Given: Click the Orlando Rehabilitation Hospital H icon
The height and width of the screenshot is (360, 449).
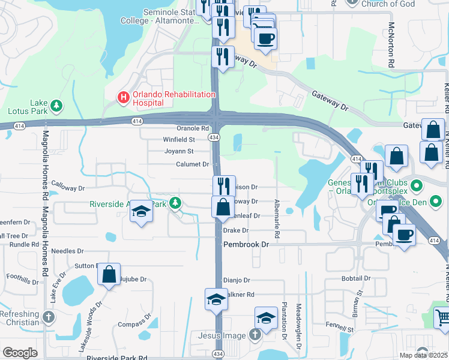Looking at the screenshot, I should click(123, 96).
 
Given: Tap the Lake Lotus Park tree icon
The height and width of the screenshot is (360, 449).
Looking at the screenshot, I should click(56, 106).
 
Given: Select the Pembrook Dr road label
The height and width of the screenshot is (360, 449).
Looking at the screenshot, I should click(246, 245).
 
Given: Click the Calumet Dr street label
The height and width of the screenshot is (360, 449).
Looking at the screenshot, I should click(192, 164).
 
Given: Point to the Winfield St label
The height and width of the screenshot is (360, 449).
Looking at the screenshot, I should click(179, 139).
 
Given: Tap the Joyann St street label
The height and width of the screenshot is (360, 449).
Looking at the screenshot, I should click(179, 151).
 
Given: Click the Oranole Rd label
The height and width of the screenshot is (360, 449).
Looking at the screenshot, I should click(193, 128).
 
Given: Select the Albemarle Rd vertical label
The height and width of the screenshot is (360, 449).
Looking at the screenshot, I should click(277, 213).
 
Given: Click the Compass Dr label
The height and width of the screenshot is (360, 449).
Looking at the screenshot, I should click(131, 325).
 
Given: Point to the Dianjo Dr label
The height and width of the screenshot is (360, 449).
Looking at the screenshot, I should click(236, 280).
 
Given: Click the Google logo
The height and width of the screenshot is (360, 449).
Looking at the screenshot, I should click(20, 353).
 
